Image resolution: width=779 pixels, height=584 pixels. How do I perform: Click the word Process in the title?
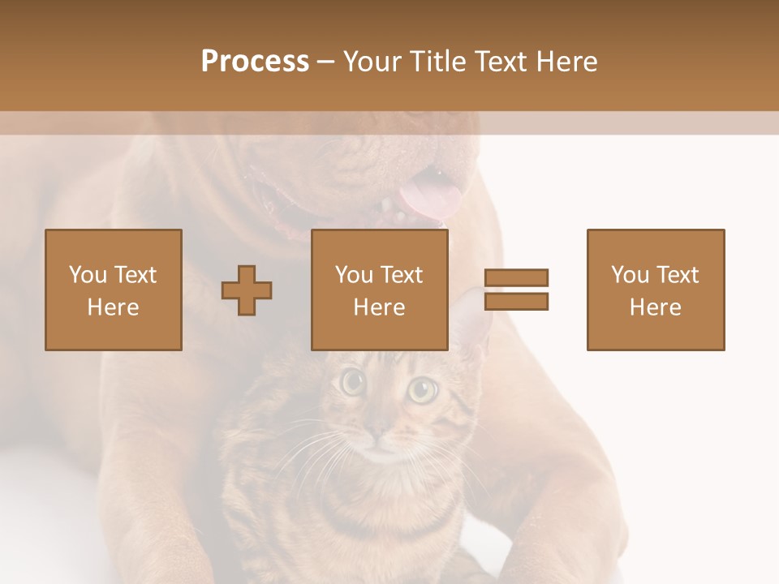pyautogui.click(x=255, y=62)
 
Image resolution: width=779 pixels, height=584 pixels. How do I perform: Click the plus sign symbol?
pyautogui.click(x=247, y=290)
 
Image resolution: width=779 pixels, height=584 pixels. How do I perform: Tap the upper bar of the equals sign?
pyautogui.click(x=517, y=278)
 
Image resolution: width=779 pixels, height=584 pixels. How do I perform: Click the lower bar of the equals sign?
pyautogui.click(x=517, y=302)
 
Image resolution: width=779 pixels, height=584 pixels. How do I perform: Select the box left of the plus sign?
pyautogui.click(x=114, y=290)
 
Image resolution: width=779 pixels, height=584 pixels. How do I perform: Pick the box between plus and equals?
pyautogui.click(x=380, y=290)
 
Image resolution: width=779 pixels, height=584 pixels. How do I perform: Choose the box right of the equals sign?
pyautogui.click(x=656, y=290)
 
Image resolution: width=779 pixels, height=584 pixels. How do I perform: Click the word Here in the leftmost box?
pyautogui.click(x=114, y=307)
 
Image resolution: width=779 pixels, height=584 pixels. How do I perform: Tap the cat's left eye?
pyautogui.click(x=352, y=381)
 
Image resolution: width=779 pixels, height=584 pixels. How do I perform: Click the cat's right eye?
pyautogui.click(x=421, y=390)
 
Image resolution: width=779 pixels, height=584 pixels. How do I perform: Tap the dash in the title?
pyautogui.click(x=325, y=62)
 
